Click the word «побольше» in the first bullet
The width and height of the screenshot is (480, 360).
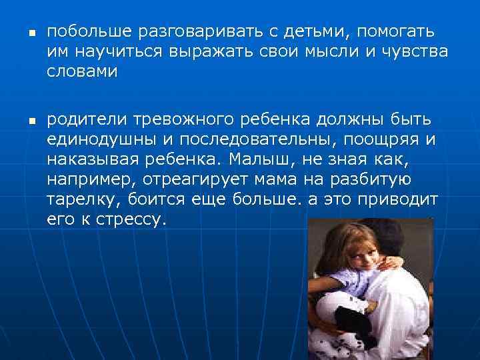point(91,31)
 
